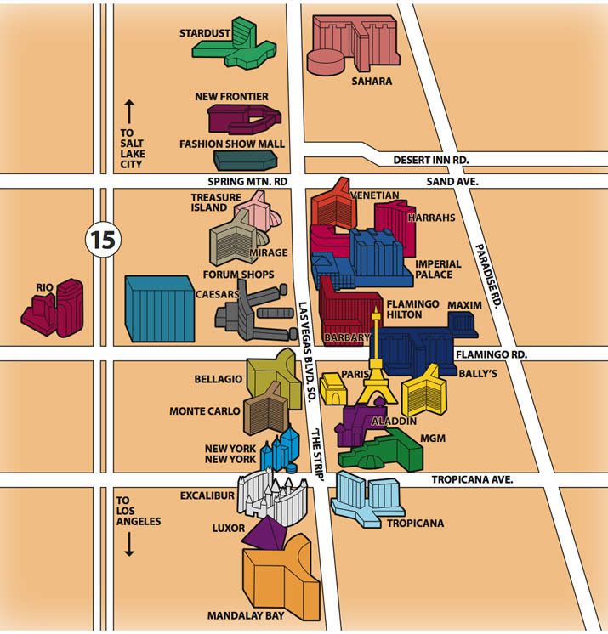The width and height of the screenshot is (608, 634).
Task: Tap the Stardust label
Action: click(x=206, y=34)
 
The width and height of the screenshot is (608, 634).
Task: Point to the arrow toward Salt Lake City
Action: click(x=129, y=111)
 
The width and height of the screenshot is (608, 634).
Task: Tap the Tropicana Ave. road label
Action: click(x=472, y=479)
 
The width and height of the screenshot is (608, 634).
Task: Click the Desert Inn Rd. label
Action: click(x=431, y=160)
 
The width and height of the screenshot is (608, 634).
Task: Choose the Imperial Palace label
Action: click(x=438, y=269)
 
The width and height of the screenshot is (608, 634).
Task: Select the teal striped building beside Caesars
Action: click(x=159, y=309)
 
